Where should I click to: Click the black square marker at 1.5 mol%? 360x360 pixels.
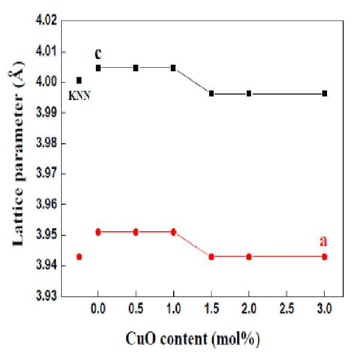point(211,93)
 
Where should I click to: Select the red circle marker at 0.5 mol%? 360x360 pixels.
point(136,232)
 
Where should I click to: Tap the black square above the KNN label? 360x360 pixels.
point(79,80)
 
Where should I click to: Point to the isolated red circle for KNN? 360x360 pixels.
point(79,257)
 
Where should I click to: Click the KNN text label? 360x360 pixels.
point(80,95)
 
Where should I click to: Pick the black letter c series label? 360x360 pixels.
point(98,53)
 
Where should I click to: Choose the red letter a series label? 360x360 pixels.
point(323,241)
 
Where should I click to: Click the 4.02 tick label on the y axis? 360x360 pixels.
point(46,20)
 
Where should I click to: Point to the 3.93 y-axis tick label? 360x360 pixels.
point(46,296)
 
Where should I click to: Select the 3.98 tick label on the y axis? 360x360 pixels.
point(46,143)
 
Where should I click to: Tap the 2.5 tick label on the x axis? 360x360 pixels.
point(286,308)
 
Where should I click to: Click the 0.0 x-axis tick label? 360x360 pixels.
point(98,308)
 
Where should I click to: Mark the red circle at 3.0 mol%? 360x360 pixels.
point(325,257)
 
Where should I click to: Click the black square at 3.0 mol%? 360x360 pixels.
point(325,93)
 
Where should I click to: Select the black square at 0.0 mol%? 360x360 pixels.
point(98,68)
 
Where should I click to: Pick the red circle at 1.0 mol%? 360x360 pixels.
point(173,232)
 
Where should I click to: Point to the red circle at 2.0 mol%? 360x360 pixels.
point(249,257)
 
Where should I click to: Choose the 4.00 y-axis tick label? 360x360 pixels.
point(46,81)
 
